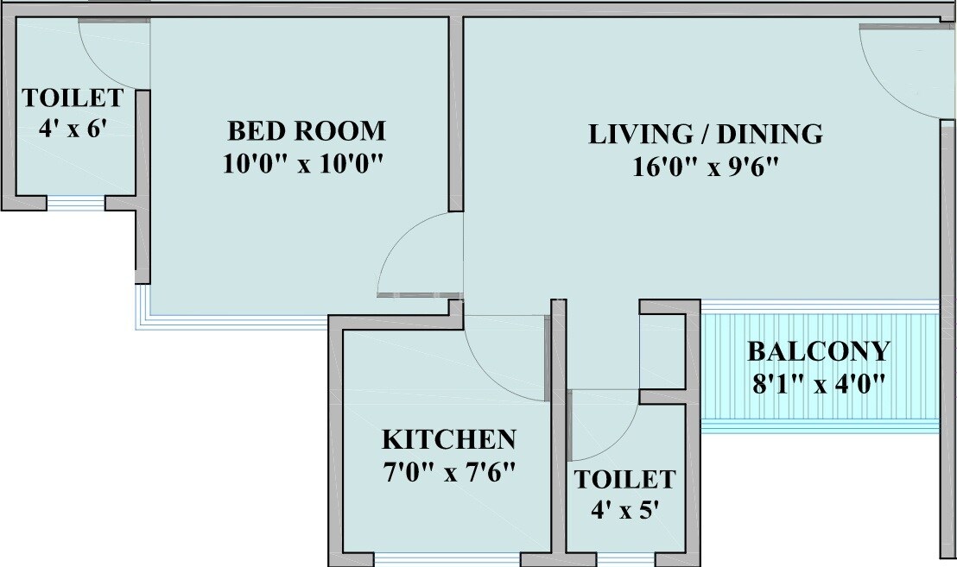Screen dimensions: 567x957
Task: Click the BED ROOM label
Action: [306, 131]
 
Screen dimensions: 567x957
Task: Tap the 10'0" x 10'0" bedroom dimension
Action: [302, 164]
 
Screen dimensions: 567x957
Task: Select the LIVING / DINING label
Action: [705, 135]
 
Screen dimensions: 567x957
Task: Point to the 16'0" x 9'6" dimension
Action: [707, 167]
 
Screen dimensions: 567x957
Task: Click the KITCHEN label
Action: [448, 439]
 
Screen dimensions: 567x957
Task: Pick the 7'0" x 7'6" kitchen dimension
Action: [448, 472]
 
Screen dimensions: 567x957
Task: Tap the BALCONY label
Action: [817, 351]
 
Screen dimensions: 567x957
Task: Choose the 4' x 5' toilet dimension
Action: [624, 509]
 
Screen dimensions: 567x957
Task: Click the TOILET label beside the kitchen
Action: [624, 479]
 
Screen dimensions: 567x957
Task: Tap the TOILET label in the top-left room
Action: [73, 97]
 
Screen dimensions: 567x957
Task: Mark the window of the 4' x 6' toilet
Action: [76, 205]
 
